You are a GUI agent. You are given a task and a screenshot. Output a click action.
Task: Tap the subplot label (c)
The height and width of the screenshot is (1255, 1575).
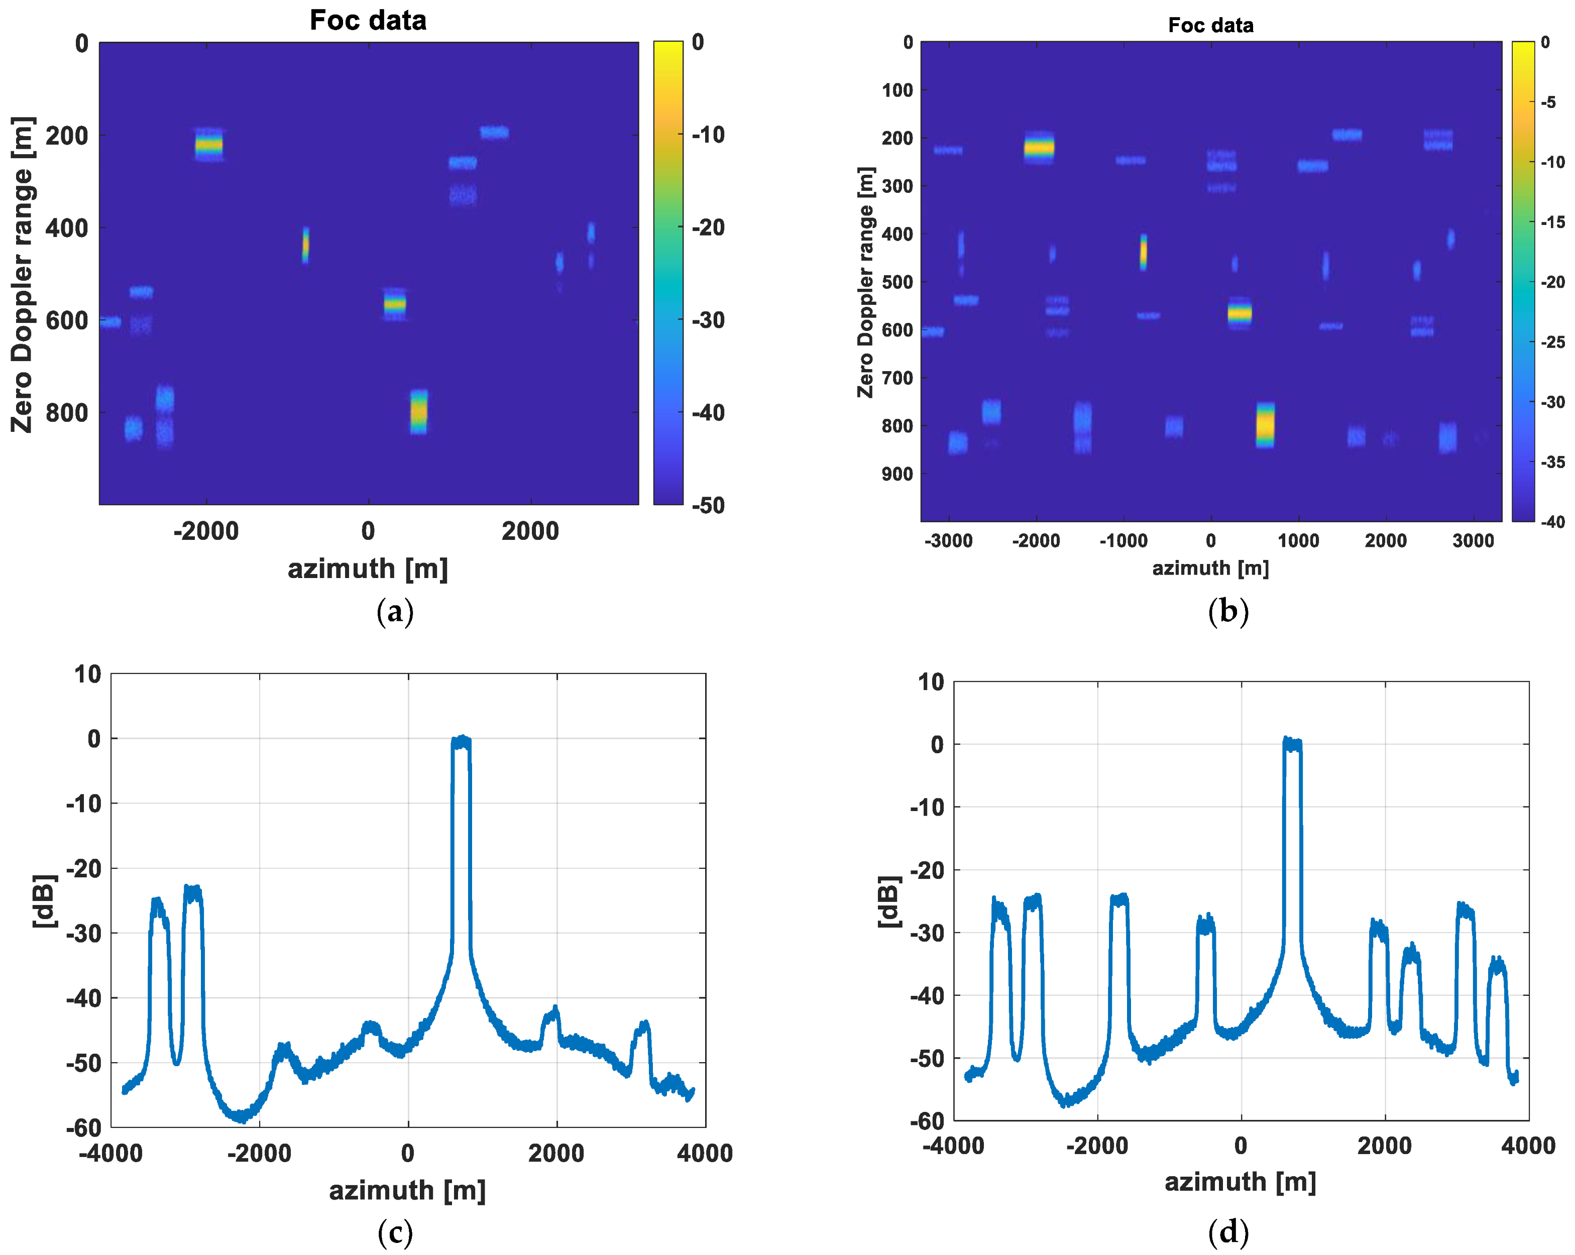coord(395,1232)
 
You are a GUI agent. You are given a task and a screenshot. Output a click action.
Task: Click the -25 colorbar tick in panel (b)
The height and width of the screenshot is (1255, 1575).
coord(1552,342)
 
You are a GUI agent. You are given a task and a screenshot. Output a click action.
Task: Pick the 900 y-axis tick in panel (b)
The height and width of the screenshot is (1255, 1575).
coord(897,474)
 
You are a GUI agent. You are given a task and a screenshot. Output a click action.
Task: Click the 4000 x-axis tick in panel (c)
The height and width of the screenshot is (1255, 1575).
coord(704,1154)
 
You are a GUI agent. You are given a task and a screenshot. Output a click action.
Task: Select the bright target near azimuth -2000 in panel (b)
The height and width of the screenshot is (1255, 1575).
coord(1039,148)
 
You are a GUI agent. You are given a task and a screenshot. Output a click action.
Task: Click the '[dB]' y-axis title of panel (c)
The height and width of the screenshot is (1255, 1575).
coord(45,901)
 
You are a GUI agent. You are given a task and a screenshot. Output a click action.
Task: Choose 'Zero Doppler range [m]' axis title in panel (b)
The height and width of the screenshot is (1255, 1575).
coord(866,283)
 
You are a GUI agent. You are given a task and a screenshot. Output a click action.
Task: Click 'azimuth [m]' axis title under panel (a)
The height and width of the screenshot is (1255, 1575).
coord(368,568)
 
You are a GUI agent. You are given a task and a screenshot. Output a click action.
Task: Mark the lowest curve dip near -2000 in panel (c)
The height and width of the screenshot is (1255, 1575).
coord(241,1116)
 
